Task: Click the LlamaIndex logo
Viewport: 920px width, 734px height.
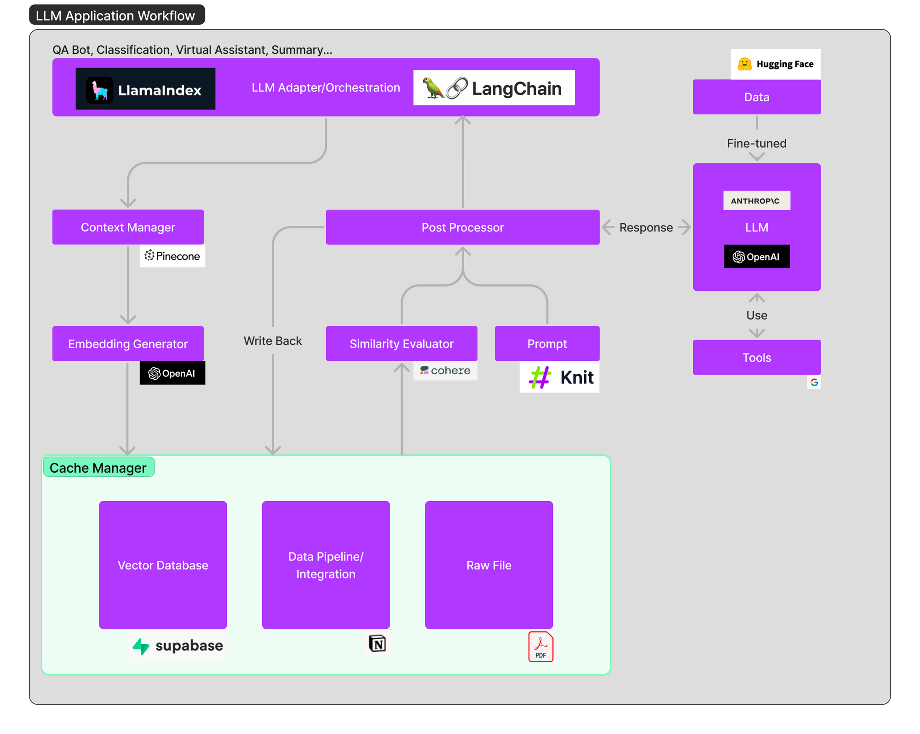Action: point(145,89)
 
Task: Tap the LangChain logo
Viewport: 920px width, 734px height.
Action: point(494,88)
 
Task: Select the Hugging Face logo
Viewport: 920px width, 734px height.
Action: point(776,64)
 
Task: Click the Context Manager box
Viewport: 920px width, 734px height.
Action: point(128,227)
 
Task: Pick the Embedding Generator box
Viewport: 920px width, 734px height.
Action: point(128,344)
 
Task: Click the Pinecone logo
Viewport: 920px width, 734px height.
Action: point(172,256)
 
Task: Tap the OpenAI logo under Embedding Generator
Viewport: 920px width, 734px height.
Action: point(172,373)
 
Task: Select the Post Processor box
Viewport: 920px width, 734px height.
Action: point(462,227)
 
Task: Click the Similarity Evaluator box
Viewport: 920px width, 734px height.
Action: point(401,344)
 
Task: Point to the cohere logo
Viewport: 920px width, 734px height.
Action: point(445,371)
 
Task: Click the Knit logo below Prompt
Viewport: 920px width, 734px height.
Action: point(559,377)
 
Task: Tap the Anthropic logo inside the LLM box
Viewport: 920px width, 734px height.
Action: point(756,201)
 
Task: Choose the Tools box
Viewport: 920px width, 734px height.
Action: point(756,358)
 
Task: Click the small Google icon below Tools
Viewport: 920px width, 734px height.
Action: point(814,382)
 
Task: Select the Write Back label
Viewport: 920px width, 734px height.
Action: point(272,341)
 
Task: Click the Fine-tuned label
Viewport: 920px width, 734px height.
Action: point(756,144)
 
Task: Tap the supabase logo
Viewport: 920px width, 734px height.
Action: point(178,646)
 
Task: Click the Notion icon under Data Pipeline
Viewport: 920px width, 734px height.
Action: point(377,643)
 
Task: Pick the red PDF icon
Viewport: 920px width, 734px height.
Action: point(540,647)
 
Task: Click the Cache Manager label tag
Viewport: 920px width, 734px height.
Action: point(98,468)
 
